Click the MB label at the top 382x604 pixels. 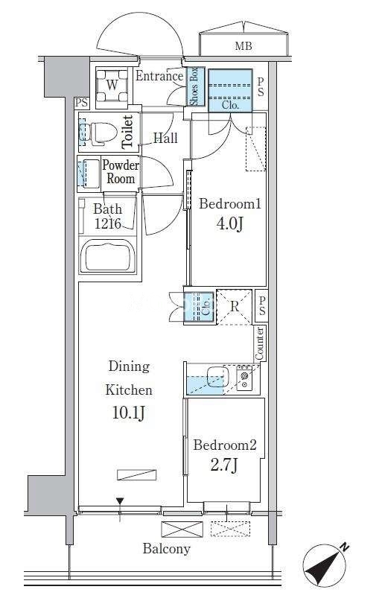click(x=243, y=46)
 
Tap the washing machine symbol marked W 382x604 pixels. click(x=112, y=86)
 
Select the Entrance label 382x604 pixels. click(x=159, y=76)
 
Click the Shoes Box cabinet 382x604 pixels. click(x=194, y=86)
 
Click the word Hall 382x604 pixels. click(x=165, y=139)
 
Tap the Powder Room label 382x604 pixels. click(x=121, y=172)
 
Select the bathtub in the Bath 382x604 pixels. click(x=107, y=255)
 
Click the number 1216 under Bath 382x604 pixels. click(x=108, y=223)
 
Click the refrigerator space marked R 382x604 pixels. click(x=235, y=307)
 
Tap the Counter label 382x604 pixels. click(x=260, y=343)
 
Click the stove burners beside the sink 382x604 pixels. click(x=244, y=378)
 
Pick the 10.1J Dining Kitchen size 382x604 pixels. click(x=129, y=413)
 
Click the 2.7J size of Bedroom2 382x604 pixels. click(x=224, y=465)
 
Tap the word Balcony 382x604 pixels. click(x=166, y=549)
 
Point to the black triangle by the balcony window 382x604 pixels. click(x=120, y=501)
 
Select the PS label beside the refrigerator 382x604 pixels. click(x=262, y=307)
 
